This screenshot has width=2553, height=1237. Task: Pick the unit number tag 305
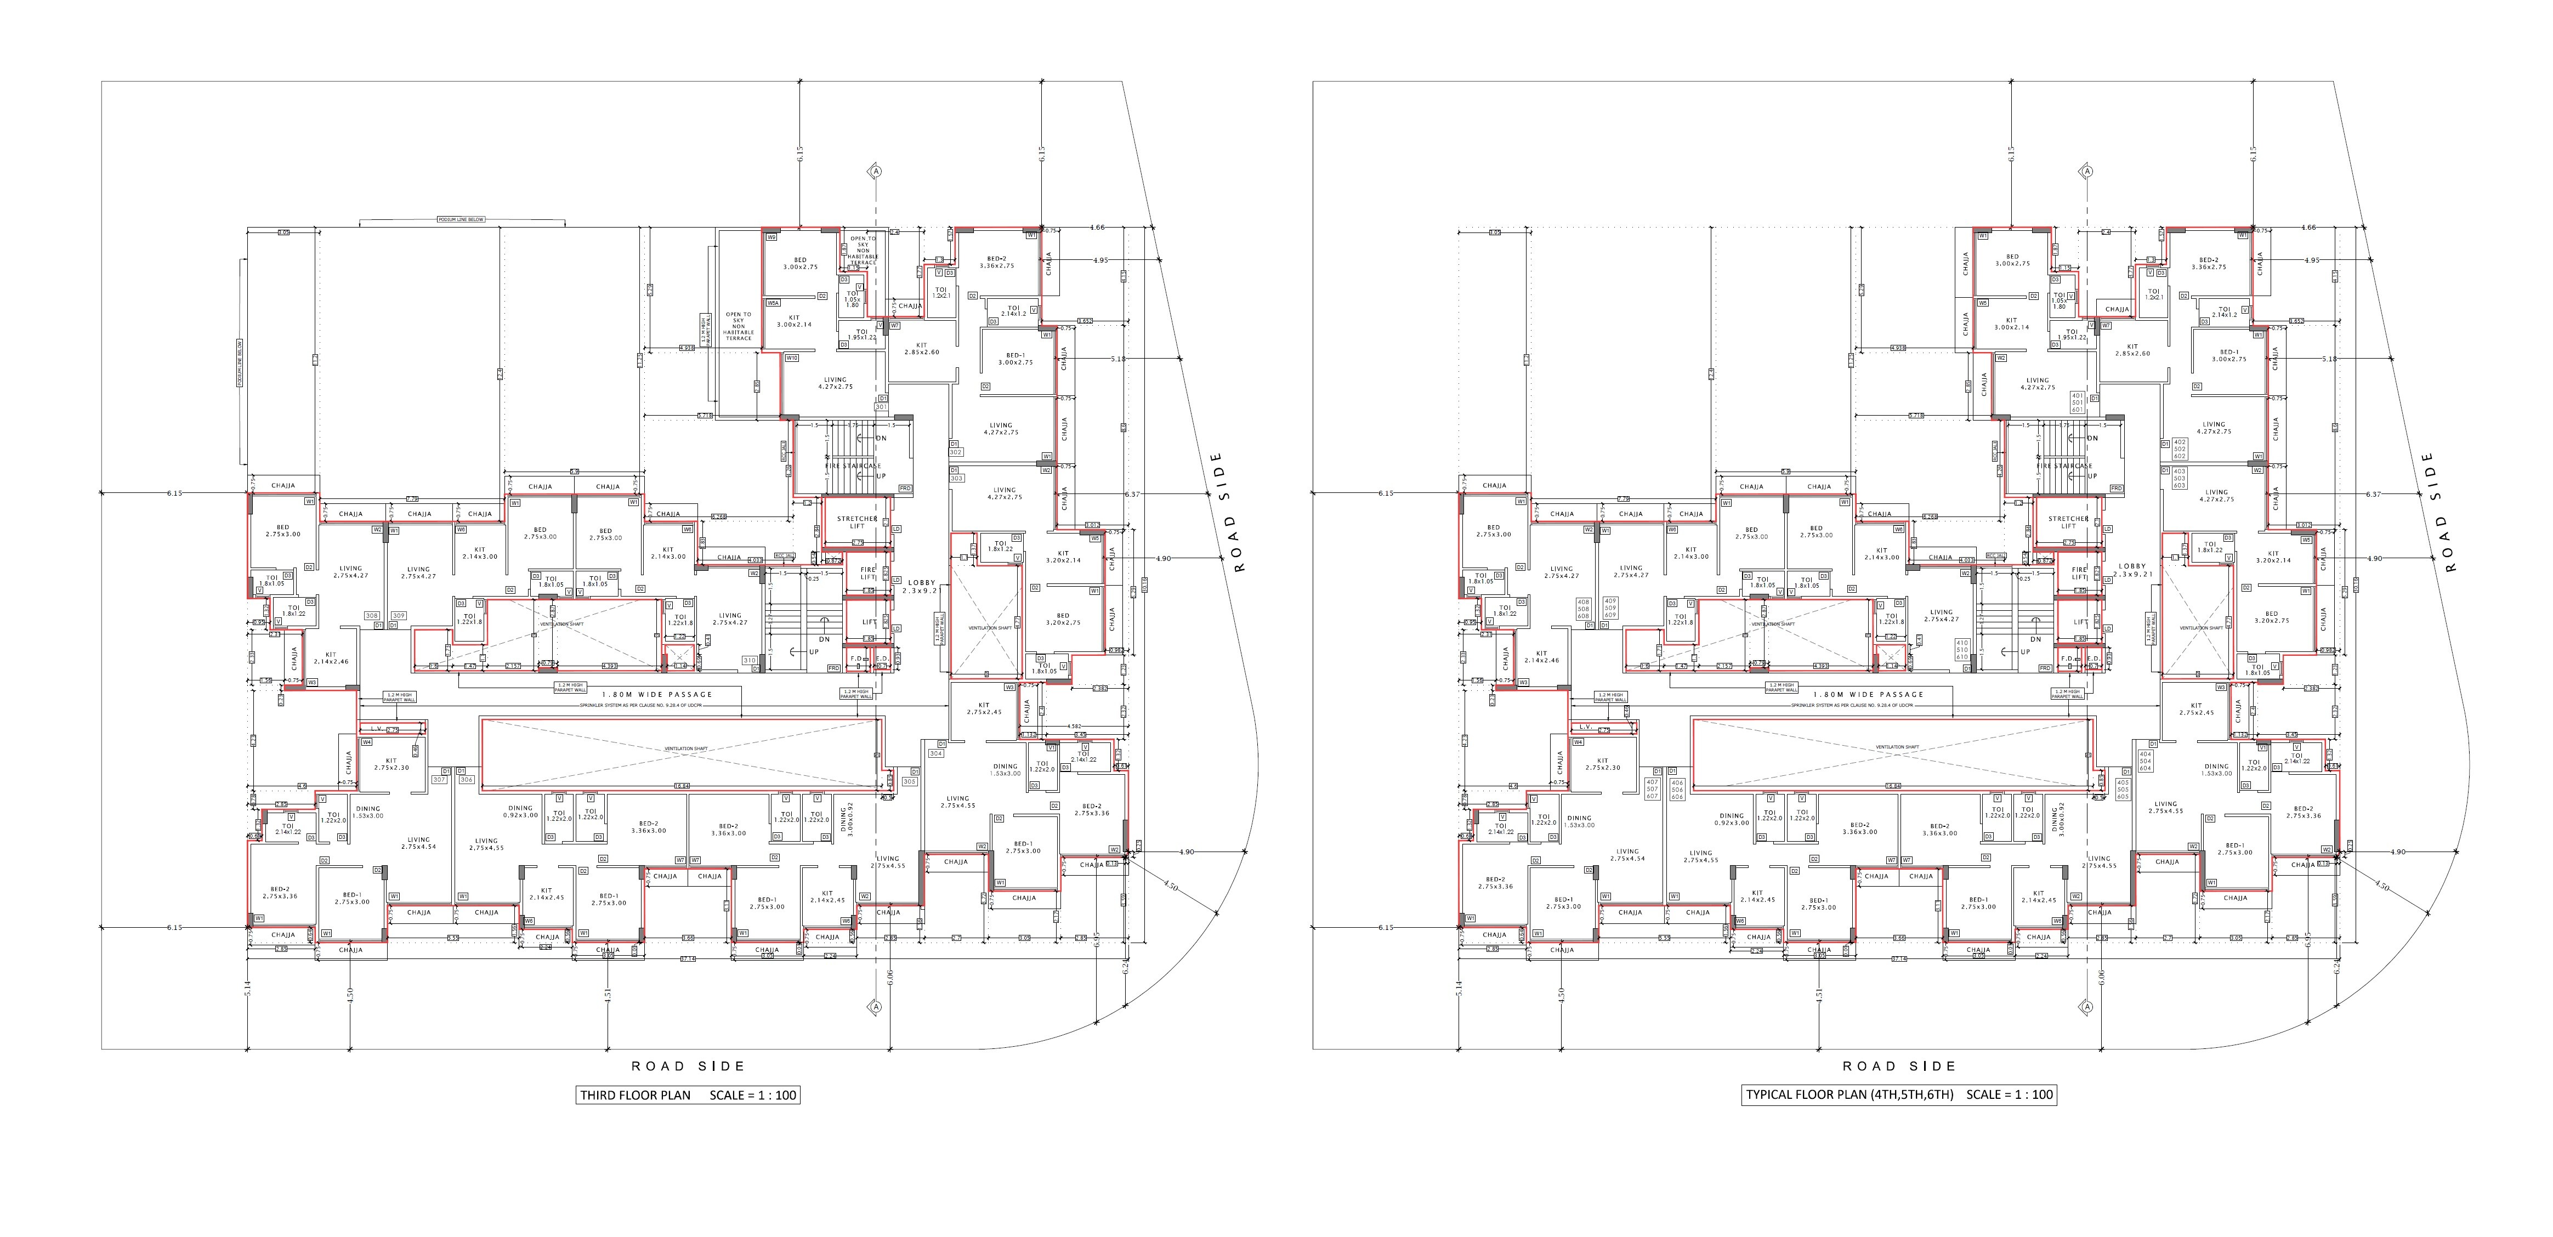pos(909,781)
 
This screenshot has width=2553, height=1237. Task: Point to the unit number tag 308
pos(372,616)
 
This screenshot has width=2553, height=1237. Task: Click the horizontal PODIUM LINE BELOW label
pos(461,220)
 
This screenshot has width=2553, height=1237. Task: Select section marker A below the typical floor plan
pos(2086,1007)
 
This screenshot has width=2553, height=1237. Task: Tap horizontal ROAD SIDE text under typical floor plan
pos(1899,1066)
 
